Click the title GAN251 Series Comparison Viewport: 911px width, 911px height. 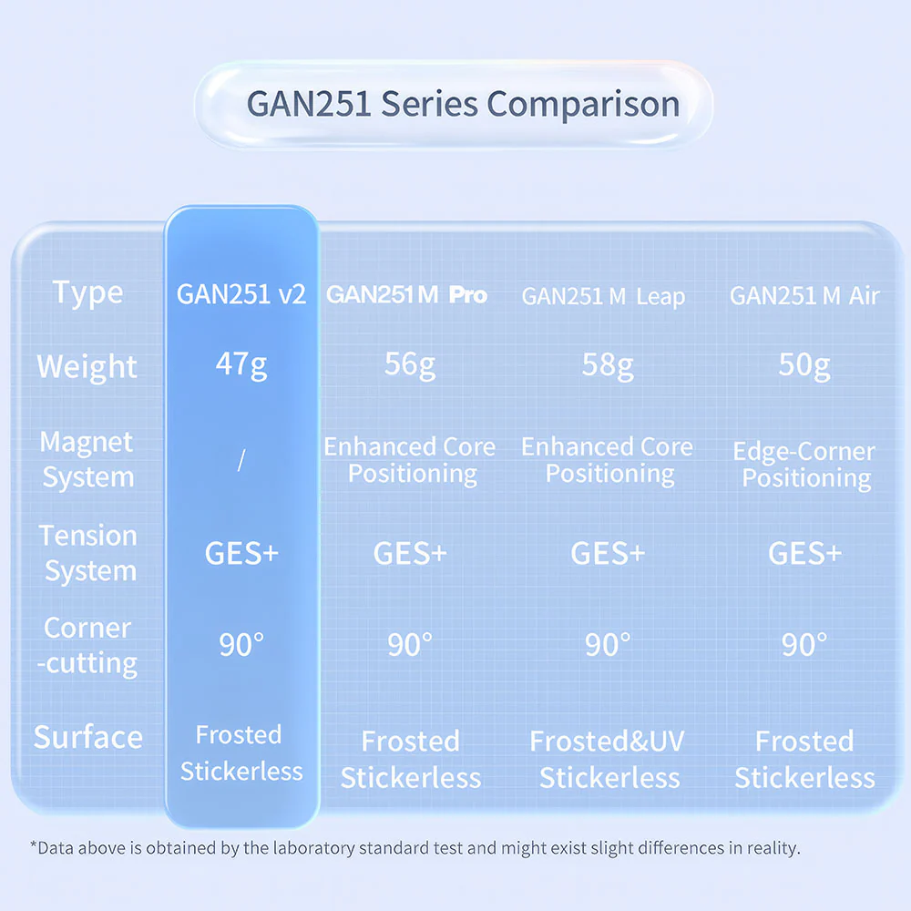click(x=463, y=104)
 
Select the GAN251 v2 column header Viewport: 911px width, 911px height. click(x=241, y=294)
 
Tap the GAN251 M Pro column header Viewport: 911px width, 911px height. click(x=406, y=294)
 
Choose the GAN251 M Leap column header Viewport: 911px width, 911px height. click(x=603, y=296)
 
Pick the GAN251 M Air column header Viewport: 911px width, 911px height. click(x=804, y=296)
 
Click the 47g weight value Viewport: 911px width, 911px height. click(x=241, y=365)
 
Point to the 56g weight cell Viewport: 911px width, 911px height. click(x=410, y=365)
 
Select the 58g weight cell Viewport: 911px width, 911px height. click(x=608, y=365)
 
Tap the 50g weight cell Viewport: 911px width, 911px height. click(x=804, y=365)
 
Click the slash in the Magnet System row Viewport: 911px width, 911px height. click(x=241, y=460)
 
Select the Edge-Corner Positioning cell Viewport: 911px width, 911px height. click(x=804, y=465)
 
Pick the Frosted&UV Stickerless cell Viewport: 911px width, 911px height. click(x=608, y=760)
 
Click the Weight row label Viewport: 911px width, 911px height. click(x=87, y=367)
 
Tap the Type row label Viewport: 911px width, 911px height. click(x=87, y=292)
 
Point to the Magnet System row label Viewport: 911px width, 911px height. click(x=87, y=459)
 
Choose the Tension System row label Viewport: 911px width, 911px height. click(x=88, y=553)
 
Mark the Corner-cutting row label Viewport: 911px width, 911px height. click(x=87, y=646)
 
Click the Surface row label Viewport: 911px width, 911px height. click(x=88, y=737)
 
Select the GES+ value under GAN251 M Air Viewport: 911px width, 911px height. click(x=804, y=553)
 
